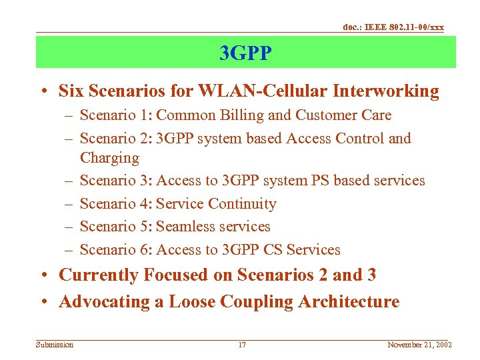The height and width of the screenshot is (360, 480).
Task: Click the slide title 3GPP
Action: click(x=245, y=53)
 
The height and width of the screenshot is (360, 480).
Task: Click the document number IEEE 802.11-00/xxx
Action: click(x=393, y=27)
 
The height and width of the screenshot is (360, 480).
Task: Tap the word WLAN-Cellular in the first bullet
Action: click(x=235, y=91)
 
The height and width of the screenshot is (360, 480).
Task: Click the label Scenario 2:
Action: click(x=115, y=139)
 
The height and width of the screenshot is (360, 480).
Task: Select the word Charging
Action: click(x=109, y=158)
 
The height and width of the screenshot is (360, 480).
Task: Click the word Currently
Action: click(x=99, y=275)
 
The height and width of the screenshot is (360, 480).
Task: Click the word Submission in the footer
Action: click(x=55, y=345)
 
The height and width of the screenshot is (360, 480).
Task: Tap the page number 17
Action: click(x=242, y=345)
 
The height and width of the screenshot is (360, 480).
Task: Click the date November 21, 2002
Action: click(x=419, y=345)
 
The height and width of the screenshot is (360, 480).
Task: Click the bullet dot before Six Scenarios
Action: click(x=49, y=91)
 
